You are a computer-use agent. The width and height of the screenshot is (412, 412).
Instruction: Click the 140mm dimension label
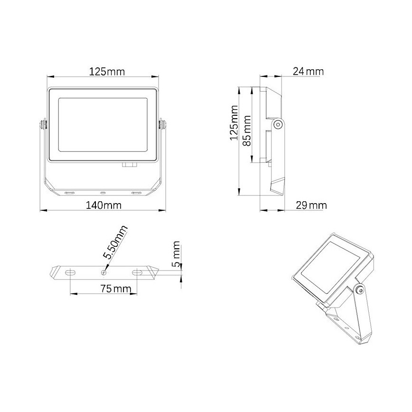[x=103, y=206]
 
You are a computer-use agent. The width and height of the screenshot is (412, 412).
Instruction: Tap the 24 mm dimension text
[x=308, y=72]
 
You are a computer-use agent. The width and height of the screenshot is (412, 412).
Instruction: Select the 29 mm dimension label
[x=311, y=206]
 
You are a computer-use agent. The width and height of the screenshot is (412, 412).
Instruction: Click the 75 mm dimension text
[x=103, y=289]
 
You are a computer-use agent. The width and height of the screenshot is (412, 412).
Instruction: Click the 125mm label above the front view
[x=107, y=72]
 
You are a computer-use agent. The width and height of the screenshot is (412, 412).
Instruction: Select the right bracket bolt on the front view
[x=162, y=124]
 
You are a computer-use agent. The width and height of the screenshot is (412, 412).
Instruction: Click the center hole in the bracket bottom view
[x=104, y=273]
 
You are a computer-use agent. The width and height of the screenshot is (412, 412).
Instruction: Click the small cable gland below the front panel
[x=129, y=165]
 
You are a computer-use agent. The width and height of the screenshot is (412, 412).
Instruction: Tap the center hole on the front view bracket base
[x=103, y=193]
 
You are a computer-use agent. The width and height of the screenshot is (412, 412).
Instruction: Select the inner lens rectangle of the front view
[x=103, y=125]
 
